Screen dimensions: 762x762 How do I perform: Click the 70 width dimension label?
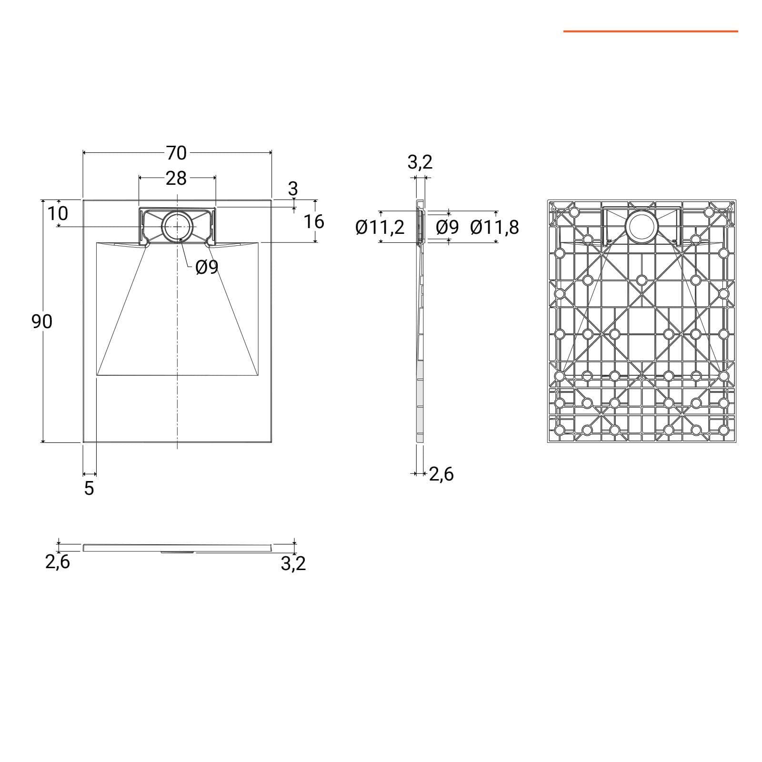[176, 153]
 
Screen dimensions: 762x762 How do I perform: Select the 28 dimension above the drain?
[176, 178]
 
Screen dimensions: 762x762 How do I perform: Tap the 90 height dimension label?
[42, 322]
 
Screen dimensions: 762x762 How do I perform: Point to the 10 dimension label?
[58, 213]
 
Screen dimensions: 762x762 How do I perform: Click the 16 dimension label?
[314, 221]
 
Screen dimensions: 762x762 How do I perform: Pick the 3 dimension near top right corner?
[293, 189]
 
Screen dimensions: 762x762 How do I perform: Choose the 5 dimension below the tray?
[89, 488]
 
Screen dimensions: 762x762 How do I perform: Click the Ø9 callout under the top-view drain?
[207, 268]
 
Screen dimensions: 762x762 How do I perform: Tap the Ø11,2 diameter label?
[380, 228]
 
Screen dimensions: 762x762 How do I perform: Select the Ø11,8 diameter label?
[494, 228]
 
